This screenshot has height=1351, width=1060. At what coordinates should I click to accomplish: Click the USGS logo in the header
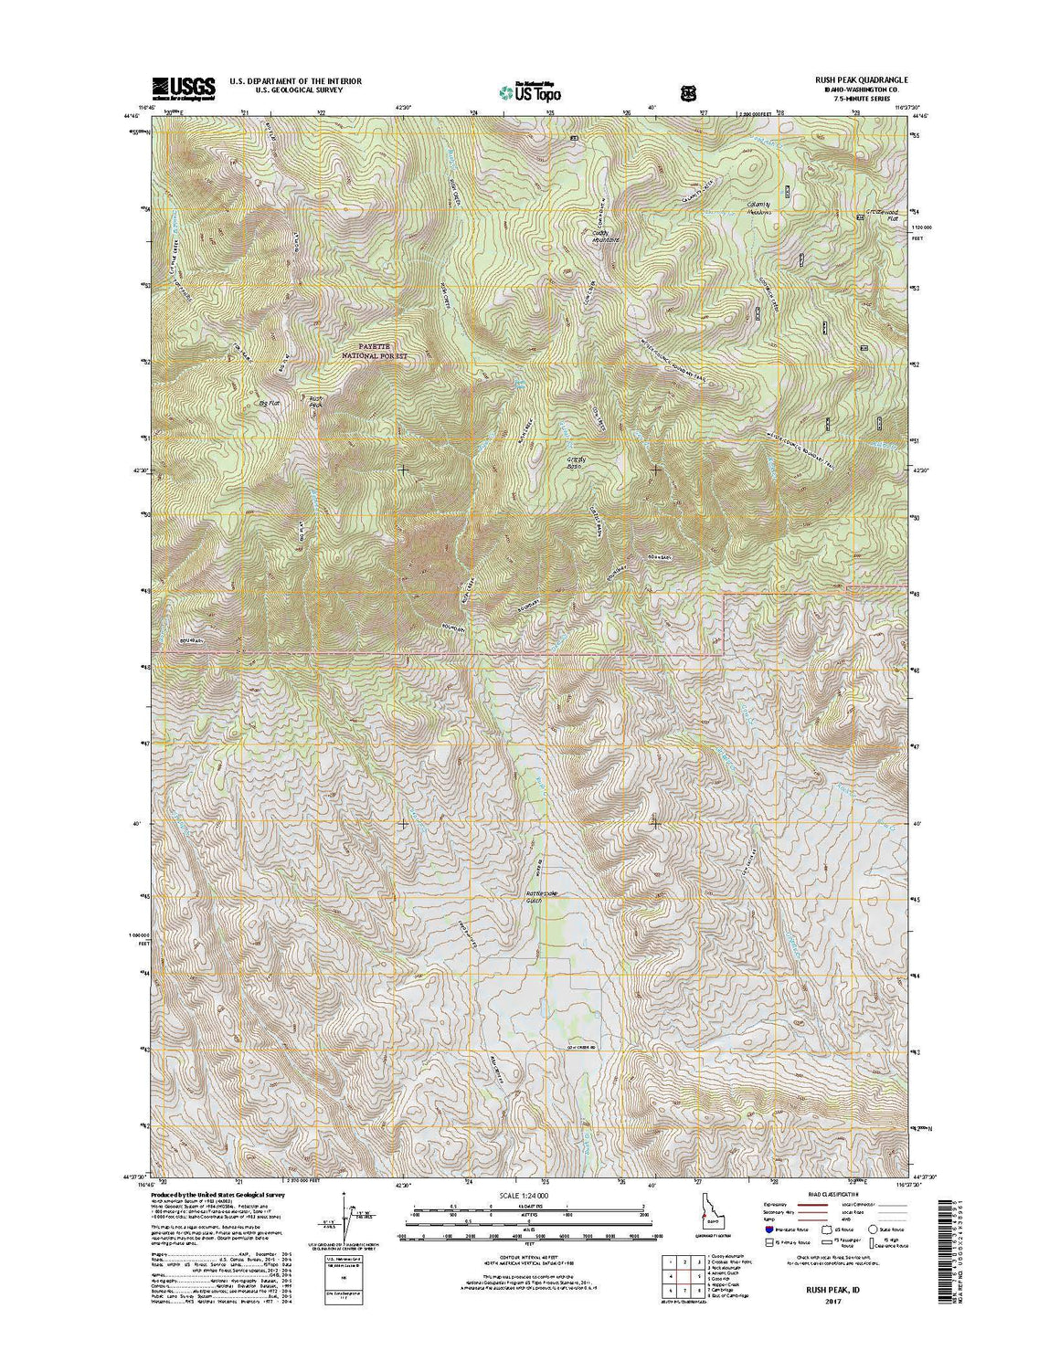183,87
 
